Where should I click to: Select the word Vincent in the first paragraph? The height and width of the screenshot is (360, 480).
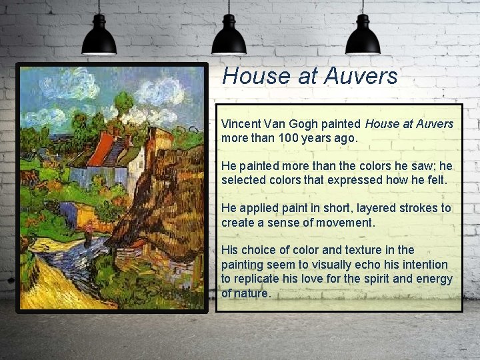pos(241,124)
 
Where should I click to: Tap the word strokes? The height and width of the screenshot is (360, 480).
pos(423,208)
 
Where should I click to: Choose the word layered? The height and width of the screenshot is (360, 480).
pos(368,208)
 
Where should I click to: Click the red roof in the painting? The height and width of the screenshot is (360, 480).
pos(101,149)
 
